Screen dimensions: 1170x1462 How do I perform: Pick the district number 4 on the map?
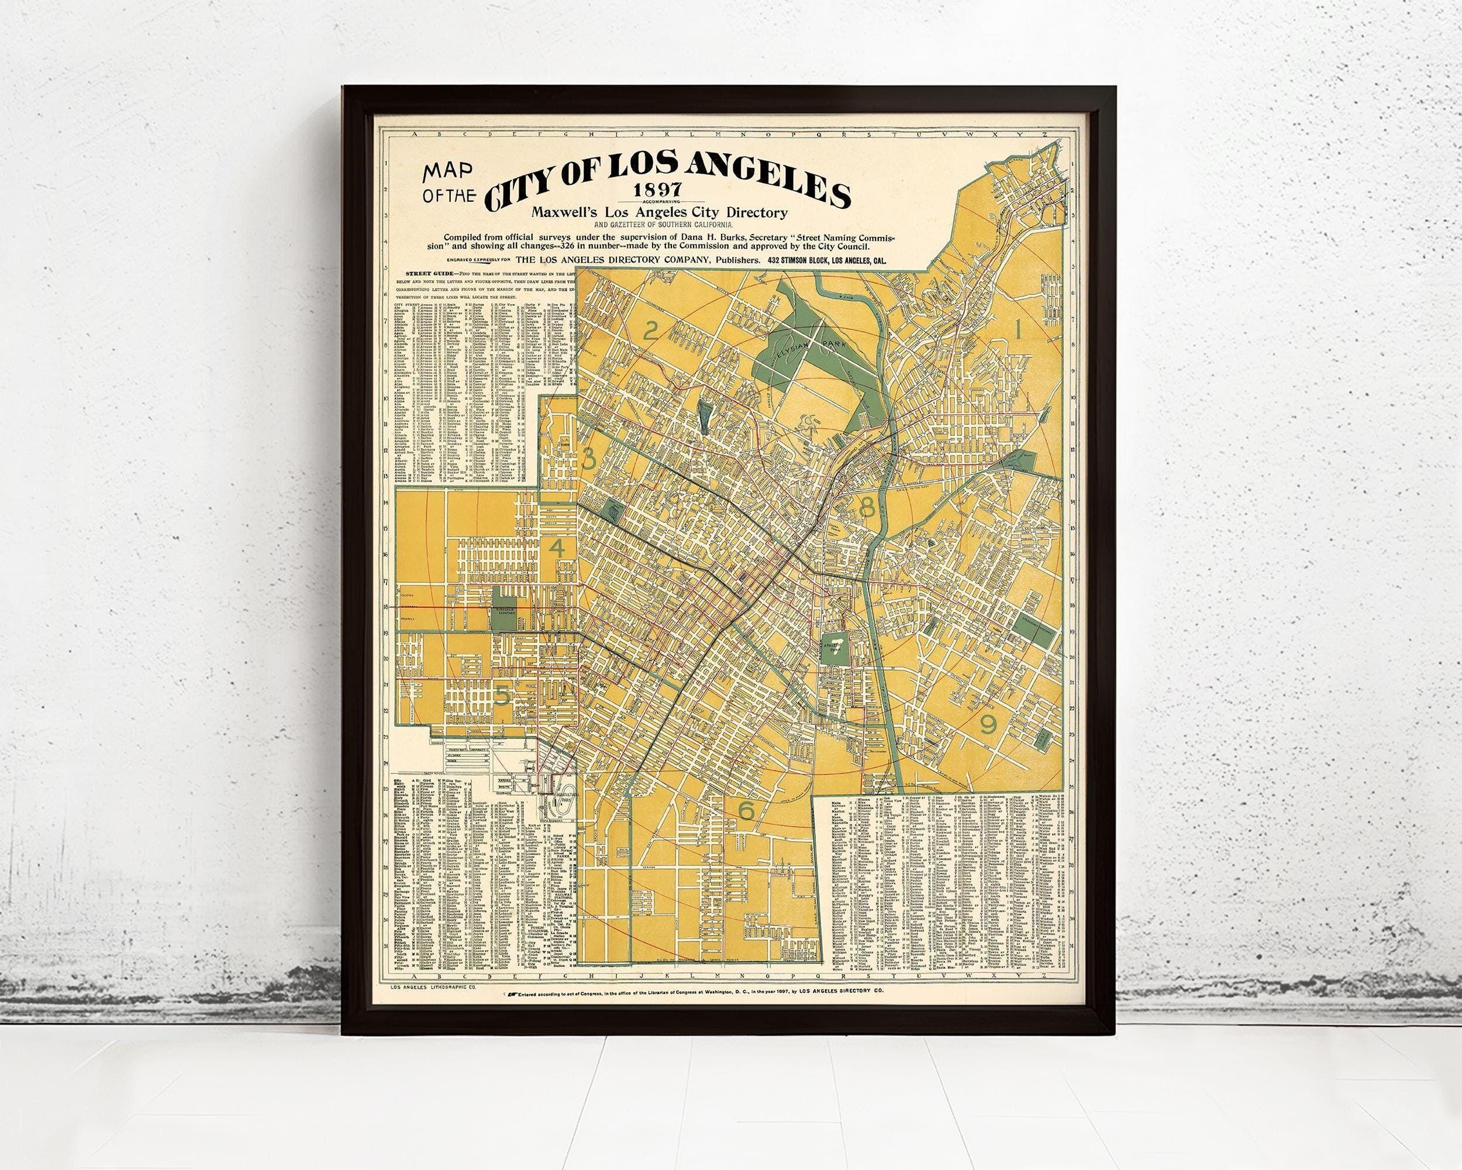pos(557,549)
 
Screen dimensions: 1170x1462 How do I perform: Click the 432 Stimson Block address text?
pos(827,260)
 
